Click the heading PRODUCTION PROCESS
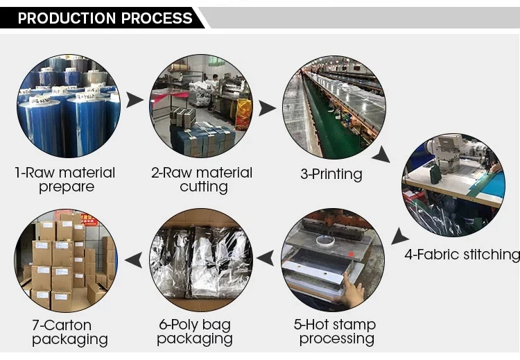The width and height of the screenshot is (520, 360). click(x=105, y=18)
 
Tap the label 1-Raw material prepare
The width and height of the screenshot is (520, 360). click(x=65, y=179)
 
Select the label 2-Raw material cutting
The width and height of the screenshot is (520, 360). click(x=202, y=179)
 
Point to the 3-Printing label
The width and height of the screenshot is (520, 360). click(x=331, y=173)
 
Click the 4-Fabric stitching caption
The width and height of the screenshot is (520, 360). click(x=462, y=255)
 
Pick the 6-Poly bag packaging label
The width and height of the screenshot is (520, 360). click(x=194, y=332)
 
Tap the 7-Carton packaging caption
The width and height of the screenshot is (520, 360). click(x=69, y=332)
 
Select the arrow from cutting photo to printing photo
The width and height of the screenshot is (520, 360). click(x=267, y=108)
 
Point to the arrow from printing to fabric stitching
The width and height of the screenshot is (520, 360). click(x=381, y=154)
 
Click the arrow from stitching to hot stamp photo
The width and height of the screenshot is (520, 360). click(x=399, y=237)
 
